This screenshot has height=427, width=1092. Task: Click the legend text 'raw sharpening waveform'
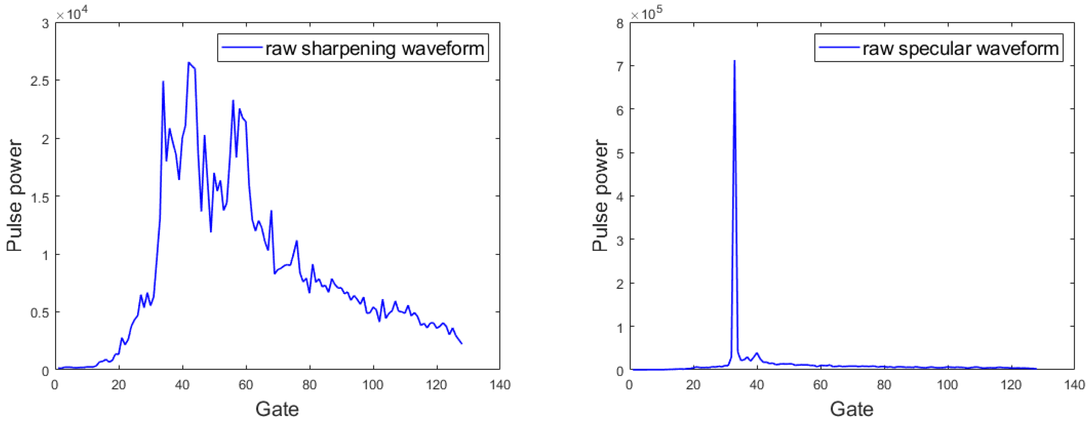pos(375,48)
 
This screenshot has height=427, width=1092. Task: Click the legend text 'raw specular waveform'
pos(961,48)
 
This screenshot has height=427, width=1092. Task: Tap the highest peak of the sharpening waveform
pos(189,63)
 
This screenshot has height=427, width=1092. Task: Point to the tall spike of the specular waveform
pos(734,62)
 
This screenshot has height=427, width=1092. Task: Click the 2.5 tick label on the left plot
pos(39,81)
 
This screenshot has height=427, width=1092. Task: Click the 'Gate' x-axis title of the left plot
pos(277,409)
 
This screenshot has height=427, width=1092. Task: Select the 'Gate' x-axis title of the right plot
pos(852,409)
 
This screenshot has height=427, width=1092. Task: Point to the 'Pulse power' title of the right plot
pos(600,195)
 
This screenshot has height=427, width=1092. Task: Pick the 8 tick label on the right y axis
pos(620,23)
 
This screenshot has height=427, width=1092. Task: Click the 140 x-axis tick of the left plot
pos(500,385)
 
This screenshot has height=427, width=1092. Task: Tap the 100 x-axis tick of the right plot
pos(947,385)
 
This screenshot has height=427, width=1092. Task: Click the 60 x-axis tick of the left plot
pos(246,385)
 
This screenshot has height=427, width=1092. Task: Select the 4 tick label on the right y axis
pos(620,197)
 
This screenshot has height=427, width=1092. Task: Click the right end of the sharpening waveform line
pos(461,343)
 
